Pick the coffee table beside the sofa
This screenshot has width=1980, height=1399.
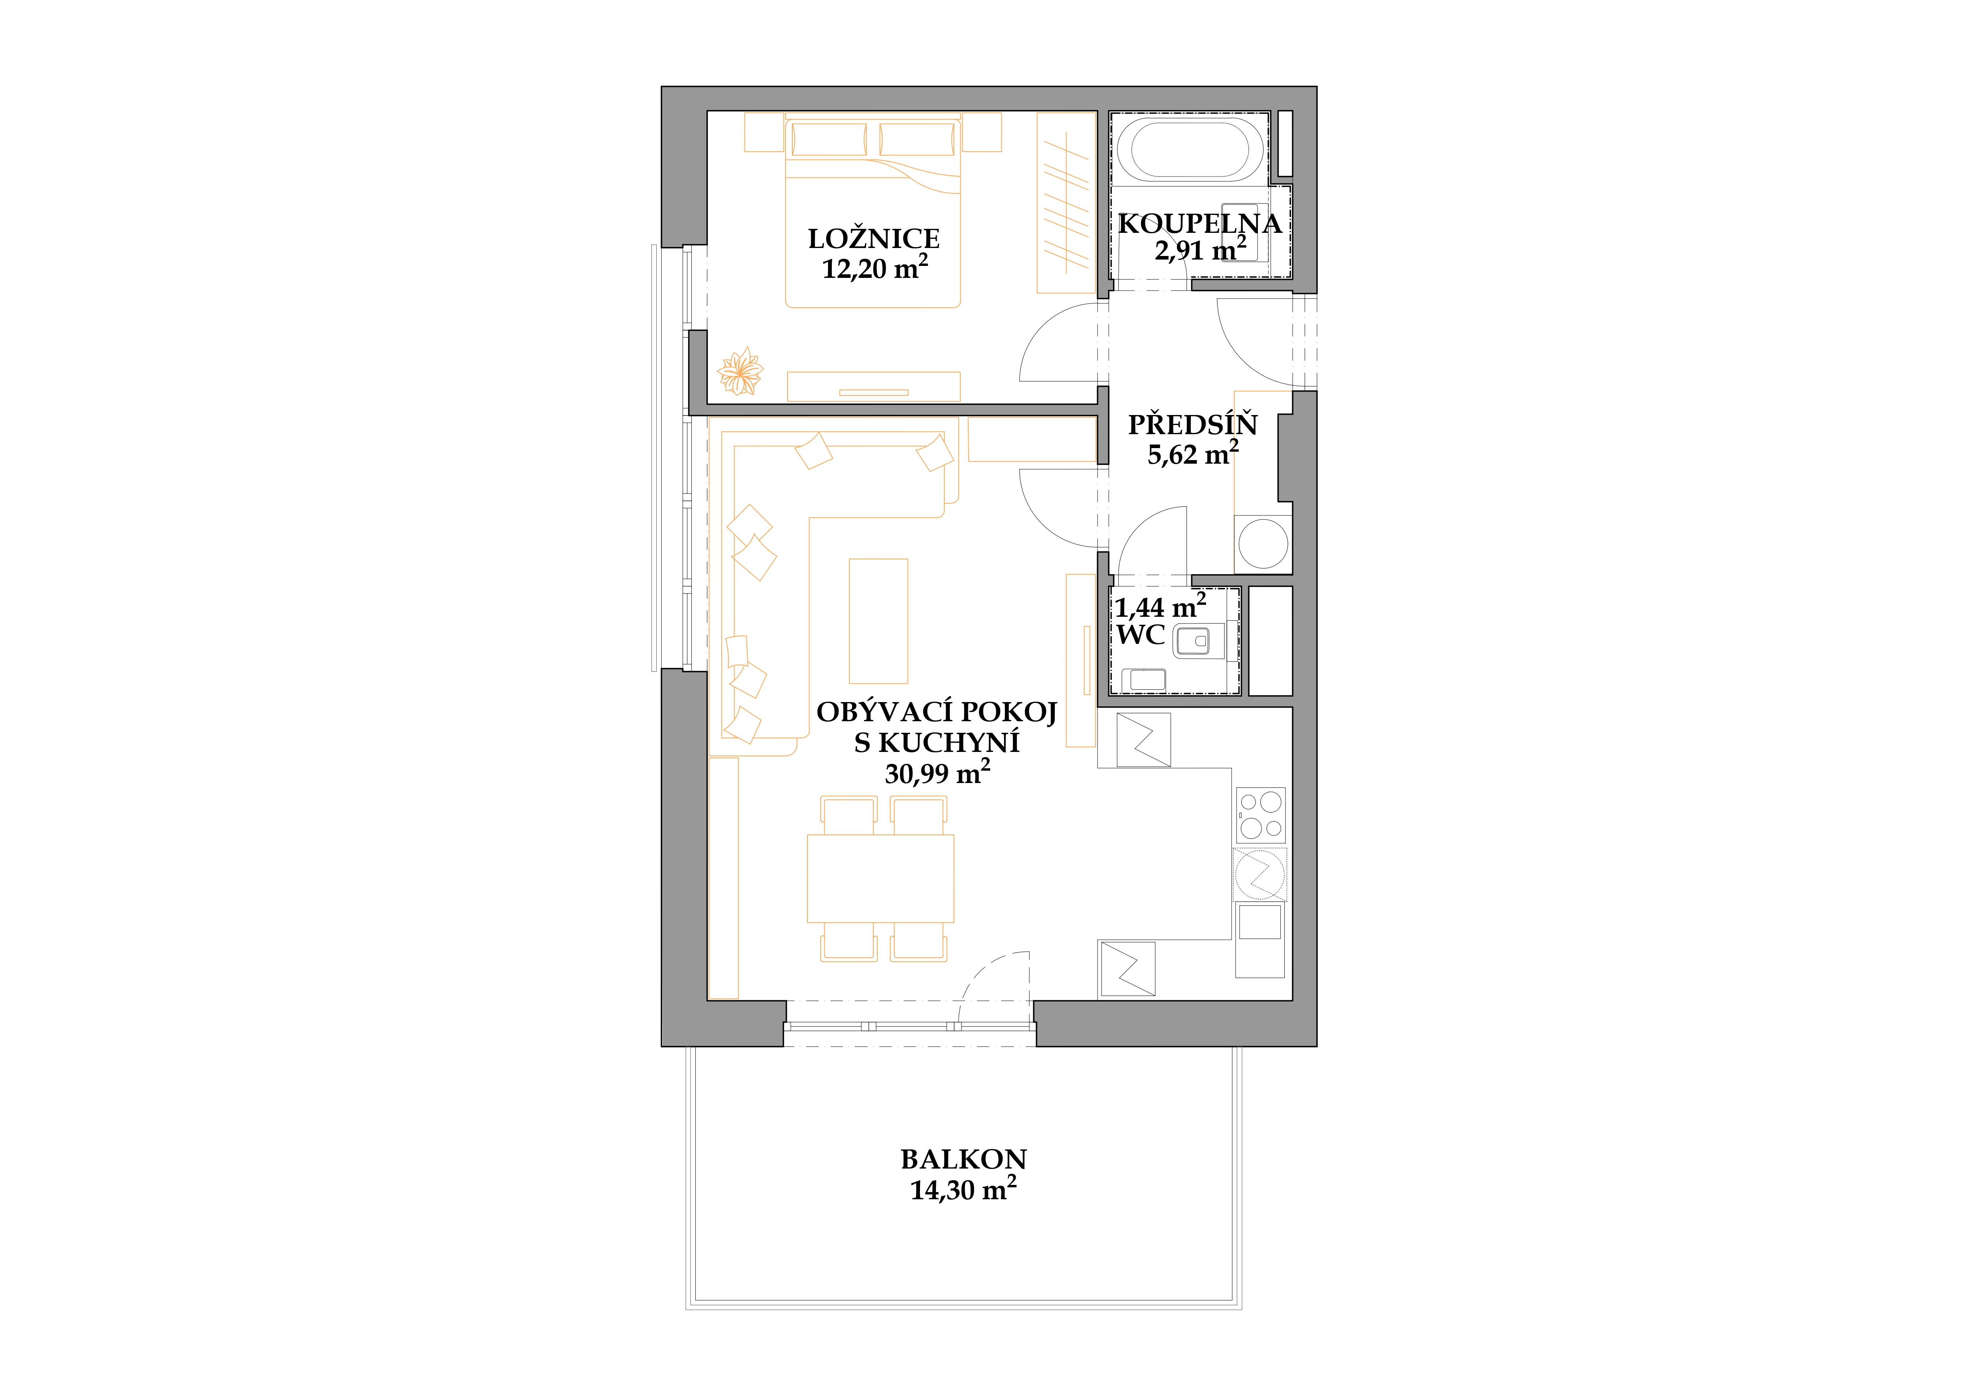tap(879, 621)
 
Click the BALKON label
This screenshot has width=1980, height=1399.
tap(963, 1159)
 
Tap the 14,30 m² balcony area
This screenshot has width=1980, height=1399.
tap(963, 1190)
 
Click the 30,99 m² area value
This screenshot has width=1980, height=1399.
tap(938, 772)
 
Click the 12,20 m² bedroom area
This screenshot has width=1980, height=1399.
tap(875, 268)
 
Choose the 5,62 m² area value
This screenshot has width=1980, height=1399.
tap(1192, 454)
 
